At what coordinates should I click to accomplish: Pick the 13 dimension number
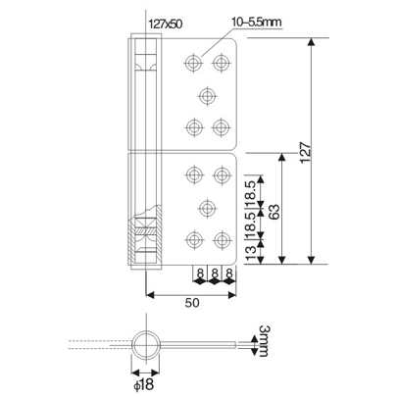251,253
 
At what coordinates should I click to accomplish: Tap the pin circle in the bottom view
148,344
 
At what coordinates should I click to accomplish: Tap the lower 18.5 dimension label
251,223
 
